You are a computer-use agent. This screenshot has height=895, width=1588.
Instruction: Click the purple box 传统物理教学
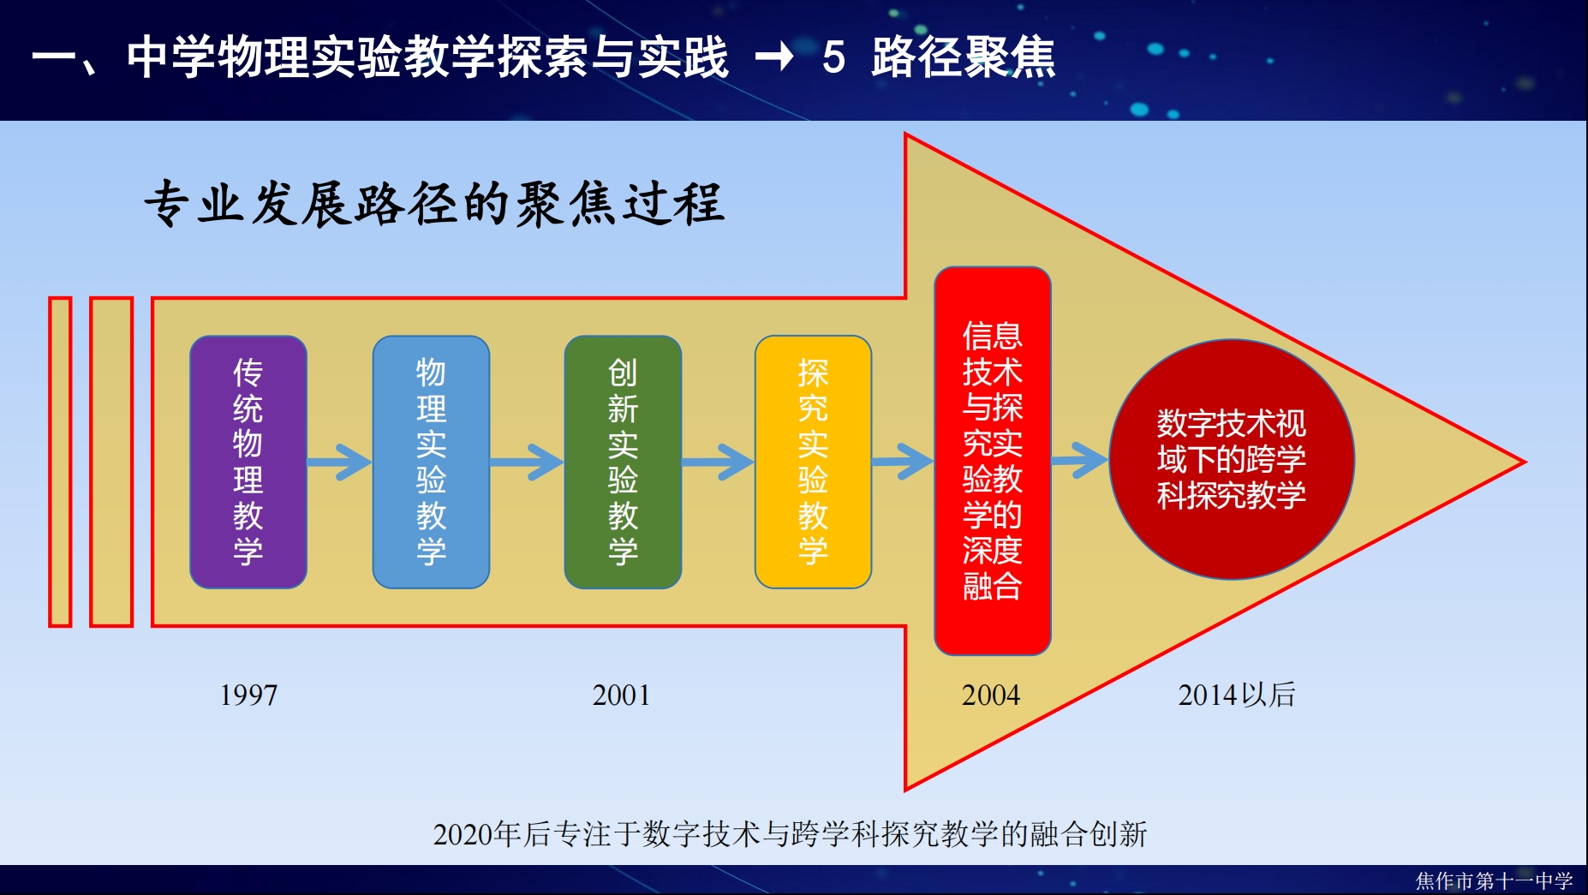pos(248,462)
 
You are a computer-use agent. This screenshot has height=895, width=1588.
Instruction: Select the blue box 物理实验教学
pos(431,462)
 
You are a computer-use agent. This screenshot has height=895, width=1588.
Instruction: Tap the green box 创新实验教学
pos(623,462)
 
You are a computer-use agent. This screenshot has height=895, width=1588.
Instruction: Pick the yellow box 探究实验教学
pos(813,462)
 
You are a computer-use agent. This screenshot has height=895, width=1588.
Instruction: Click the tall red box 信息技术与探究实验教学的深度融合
pos(993,461)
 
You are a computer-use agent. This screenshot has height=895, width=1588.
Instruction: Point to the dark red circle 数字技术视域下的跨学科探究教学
pos(1232,460)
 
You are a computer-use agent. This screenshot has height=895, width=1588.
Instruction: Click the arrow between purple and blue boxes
pos(339,462)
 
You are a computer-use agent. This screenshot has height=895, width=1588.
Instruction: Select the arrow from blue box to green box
pos(527,462)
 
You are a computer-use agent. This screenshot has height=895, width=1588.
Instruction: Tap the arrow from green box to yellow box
pos(718,462)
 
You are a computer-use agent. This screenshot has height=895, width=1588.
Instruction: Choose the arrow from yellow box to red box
pos(903,462)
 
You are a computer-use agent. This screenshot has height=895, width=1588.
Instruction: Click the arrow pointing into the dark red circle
pos(1080,461)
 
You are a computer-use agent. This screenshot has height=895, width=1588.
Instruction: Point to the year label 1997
pos(248,695)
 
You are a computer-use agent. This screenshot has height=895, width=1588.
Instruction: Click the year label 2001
pos(621,695)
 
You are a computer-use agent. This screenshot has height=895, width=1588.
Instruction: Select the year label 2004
pos(991,695)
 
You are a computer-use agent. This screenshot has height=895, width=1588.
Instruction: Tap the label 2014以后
pos(1237,695)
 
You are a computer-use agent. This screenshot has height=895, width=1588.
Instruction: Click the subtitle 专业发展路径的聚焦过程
pos(434,204)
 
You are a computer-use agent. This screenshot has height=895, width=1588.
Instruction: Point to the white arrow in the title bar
pos(774,57)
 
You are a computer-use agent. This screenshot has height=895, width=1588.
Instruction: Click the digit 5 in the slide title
pos(833,57)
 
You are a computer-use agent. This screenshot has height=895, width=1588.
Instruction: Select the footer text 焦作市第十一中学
pos(1494,880)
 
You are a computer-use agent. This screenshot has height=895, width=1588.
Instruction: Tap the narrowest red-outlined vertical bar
pos(60,462)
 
